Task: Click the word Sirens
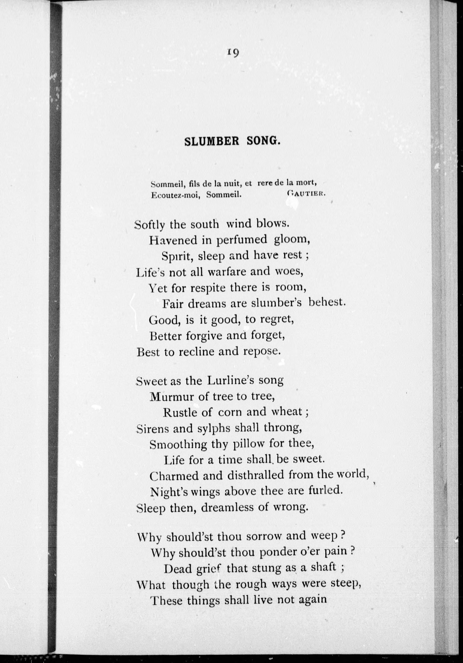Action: click(x=153, y=429)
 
